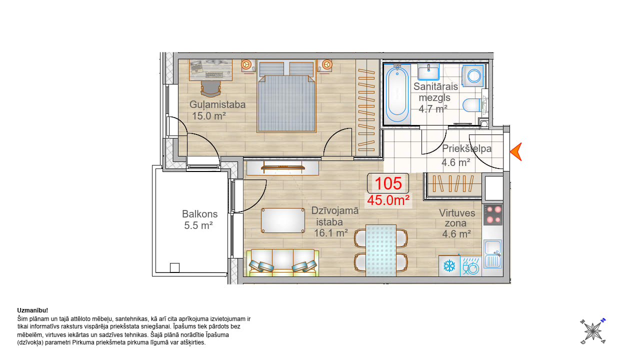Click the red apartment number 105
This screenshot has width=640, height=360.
point(388,183)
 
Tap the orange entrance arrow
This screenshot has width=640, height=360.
point(516,151)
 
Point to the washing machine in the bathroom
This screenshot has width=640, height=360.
point(472,76)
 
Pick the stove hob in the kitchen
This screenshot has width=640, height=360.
point(493,214)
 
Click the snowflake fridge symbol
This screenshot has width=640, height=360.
point(449,266)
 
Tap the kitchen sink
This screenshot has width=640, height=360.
point(493,254)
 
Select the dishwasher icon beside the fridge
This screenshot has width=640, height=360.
point(471,266)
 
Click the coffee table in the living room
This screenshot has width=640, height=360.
point(283,220)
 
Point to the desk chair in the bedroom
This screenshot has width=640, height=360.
point(211,88)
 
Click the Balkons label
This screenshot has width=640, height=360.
point(199,214)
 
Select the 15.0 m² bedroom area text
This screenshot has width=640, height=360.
point(209,116)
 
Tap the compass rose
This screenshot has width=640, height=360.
point(593,331)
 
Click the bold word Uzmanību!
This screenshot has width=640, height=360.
point(32,310)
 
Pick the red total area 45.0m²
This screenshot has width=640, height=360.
point(388,200)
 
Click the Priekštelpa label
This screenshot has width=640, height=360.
point(467,148)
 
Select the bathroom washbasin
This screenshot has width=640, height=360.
point(428,72)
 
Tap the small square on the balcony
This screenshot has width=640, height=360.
point(174,267)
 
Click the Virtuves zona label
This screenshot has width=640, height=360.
point(457,218)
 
